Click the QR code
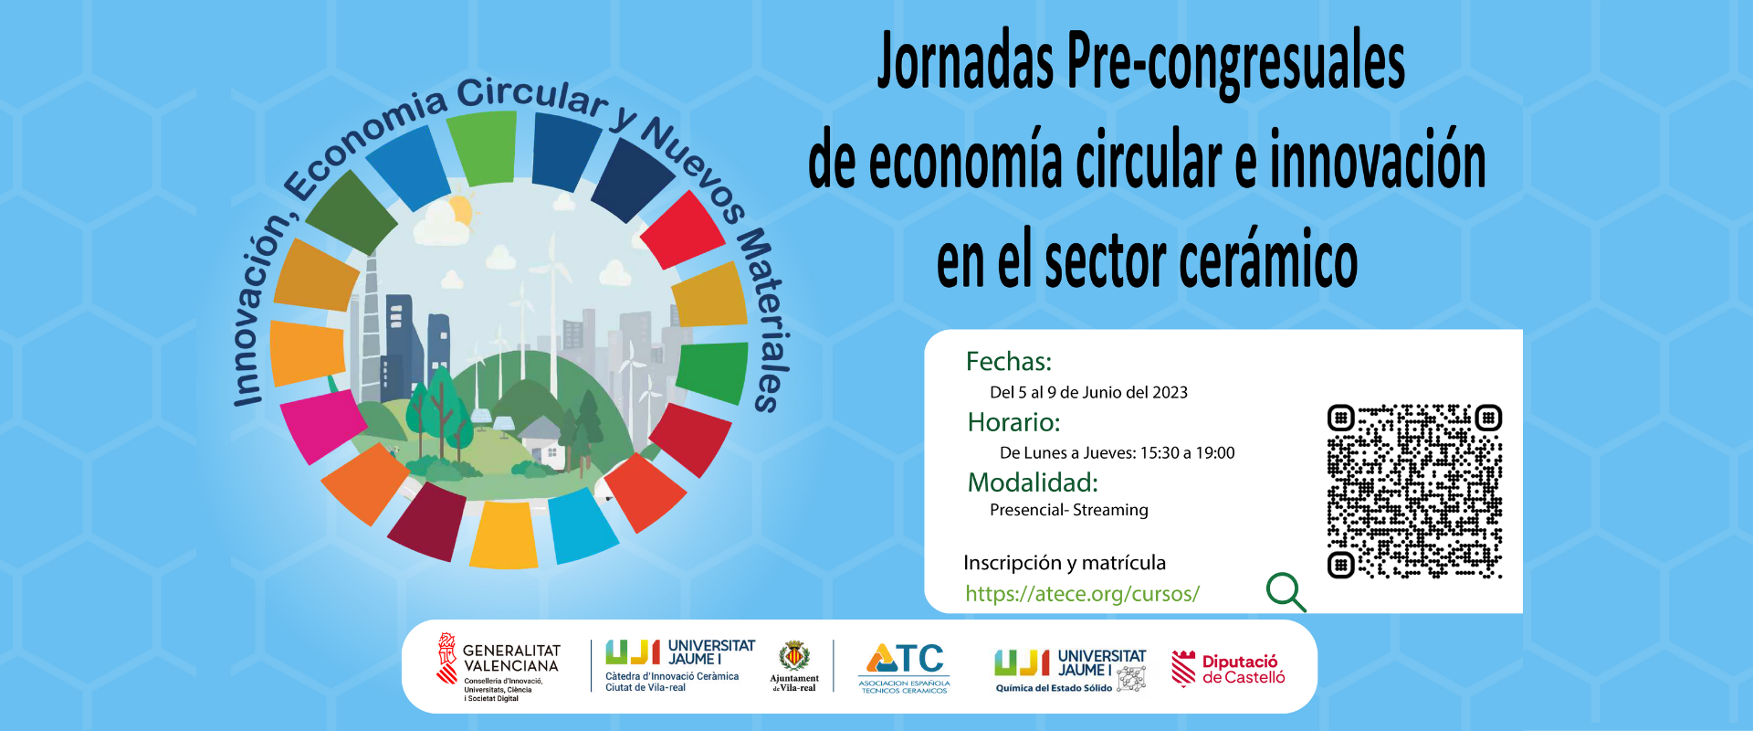point(1414,492)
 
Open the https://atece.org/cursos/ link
point(1082,594)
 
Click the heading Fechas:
point(1009,362)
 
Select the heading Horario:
point(1013,422)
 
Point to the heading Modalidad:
point(1033,482)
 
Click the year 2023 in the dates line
point(1170,392)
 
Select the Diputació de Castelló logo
point(1228,669)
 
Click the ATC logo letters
point(905,659)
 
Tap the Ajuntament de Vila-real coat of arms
point(793,656)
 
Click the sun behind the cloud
point(459,210)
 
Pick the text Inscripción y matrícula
point(1065,563)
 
